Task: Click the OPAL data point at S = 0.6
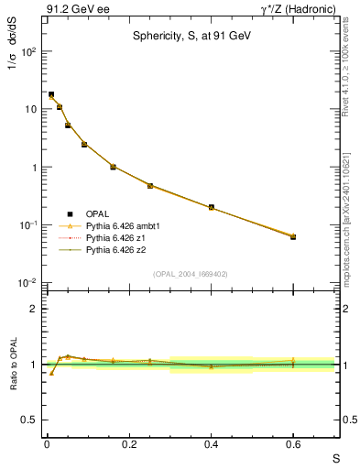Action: click(293, 236)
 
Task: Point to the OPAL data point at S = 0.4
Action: click(211, 207)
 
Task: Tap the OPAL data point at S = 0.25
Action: click(149, 186)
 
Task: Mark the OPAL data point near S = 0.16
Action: click(113, 167)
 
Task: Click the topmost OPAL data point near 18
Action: click(51, 94)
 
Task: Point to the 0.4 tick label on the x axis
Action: click(211, 444)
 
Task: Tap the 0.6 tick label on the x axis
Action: click(293, 444)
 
